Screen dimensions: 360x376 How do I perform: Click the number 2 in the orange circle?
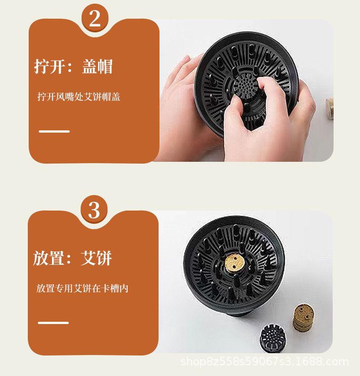[95, 19]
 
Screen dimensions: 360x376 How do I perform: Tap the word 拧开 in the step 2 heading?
[49, 66]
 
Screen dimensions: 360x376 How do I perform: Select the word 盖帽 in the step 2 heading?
[98, 66]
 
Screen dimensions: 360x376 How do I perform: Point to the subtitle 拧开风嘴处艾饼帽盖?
[79, 97]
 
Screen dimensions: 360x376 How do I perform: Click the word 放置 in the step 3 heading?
[48, 258]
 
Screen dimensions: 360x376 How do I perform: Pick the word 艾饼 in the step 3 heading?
[97, 258]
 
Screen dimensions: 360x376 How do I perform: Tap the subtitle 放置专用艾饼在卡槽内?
[82, 288]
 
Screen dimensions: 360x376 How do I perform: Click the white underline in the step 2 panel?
[54, 131]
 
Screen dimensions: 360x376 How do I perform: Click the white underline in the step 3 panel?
[53, 323]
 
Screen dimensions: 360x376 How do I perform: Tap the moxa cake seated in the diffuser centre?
[234, 263]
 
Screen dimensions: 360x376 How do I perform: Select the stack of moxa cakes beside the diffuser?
[303, 318]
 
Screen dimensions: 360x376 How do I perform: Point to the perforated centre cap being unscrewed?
[245, 86]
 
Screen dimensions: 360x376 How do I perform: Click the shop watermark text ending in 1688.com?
[265, 361]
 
